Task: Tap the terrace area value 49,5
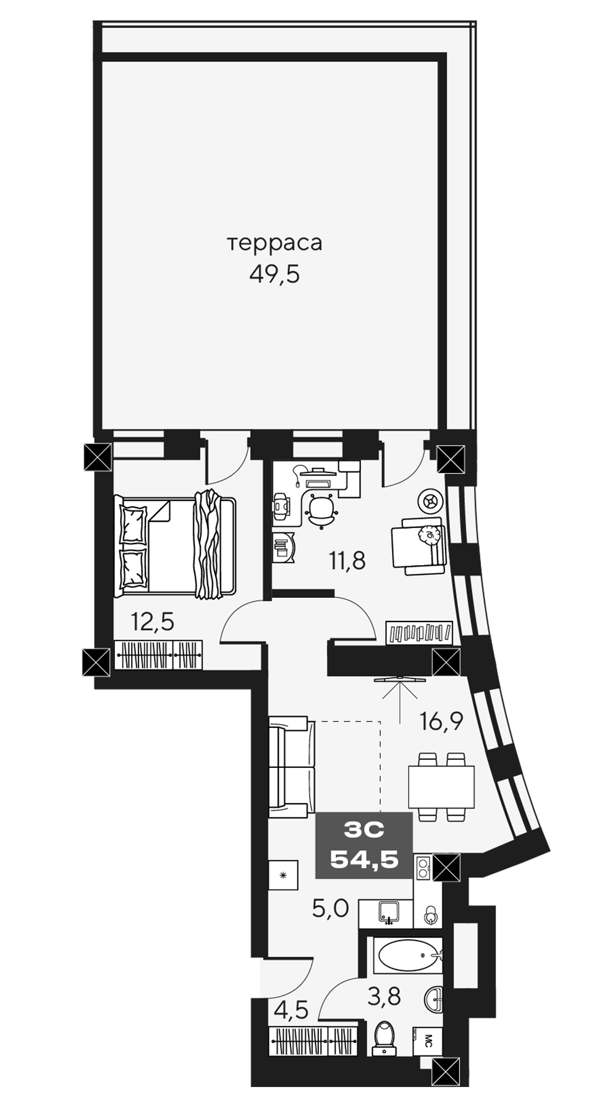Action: pyautogui.click(x=274, y=273)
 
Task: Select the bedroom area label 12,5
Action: pyautogui.click(x=152, y=621)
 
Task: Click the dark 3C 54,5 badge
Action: pyautogui.click(x=363, y=845)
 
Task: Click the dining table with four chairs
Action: pyautogui.click(x=441, y=786)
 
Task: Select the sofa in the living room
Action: pyautogui.click(x=288, y=767)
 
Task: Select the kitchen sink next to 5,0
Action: pyautogui.click(x=386, y=912)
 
